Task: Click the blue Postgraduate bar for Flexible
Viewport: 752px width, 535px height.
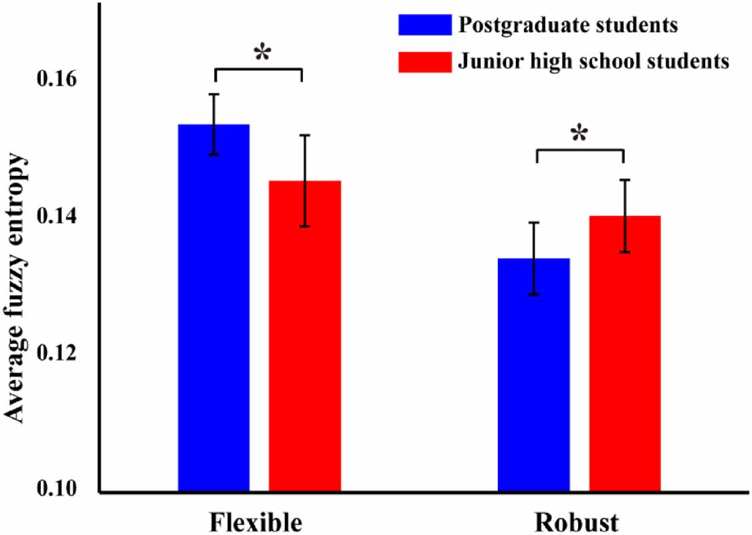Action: tap(213, 308)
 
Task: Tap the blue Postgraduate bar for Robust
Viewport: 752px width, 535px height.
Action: tap(534, 374)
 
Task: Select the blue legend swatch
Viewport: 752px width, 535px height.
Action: tap(424, 25)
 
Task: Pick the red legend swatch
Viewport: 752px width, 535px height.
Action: tap(424, 62)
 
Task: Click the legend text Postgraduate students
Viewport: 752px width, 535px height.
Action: tap(568, 25)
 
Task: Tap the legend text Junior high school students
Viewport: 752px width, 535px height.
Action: tap(593, 62)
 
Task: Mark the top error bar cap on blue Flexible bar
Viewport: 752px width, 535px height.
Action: tap(214, 94)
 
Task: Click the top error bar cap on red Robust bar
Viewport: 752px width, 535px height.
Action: tap(625, 180)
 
